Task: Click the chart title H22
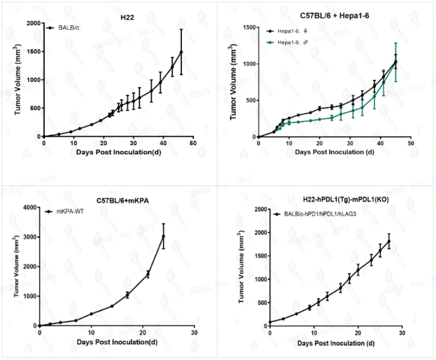(127, 17)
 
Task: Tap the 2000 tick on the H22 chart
(33, 23)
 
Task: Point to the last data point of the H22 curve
(181, 52)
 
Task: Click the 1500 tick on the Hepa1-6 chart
(248, 27)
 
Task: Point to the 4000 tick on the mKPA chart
(29, 208)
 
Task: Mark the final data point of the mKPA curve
(163, 236)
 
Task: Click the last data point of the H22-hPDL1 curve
(389, 241)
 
